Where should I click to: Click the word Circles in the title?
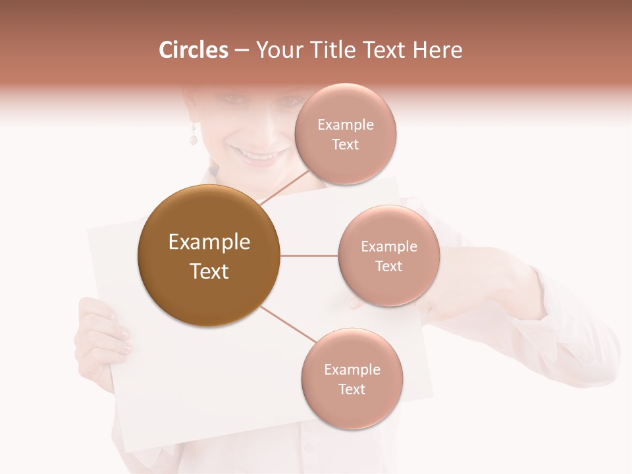tap(193, 50)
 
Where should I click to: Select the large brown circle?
tap(209, 255)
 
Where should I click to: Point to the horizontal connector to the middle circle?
tap(309, 255)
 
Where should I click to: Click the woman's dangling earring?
tap(194, 137)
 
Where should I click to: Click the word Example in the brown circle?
tap(209, 242)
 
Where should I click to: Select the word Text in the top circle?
tap(345, 145)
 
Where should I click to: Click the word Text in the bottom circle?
tap(352, 390)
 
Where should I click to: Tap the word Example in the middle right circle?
tap(388, 247)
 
